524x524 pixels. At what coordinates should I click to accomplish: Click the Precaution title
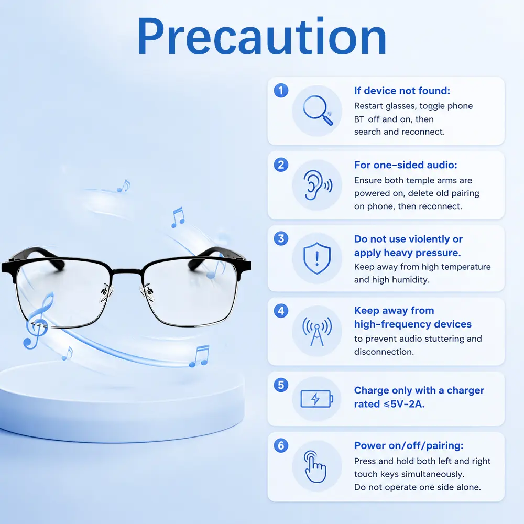261,37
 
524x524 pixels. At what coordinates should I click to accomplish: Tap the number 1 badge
281,91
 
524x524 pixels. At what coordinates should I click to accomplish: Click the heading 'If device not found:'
402,91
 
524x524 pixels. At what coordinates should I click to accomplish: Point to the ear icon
318,185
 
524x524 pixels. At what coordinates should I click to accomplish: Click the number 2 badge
281,165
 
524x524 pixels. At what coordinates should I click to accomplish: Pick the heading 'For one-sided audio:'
406,165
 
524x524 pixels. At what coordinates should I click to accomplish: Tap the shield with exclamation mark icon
317,258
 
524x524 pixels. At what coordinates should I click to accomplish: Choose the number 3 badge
281,238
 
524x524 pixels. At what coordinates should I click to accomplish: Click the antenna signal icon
317,331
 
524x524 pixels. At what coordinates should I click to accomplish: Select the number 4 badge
281,311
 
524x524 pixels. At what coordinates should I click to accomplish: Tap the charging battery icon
317,399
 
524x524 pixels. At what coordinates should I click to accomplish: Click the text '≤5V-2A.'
404,404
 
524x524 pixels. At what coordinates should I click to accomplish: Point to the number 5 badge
281,385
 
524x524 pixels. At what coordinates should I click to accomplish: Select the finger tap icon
315,466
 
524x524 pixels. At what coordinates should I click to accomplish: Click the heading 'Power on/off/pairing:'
409,445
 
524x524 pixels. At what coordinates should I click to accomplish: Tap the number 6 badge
281,445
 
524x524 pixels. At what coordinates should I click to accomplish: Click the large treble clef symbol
39,321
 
